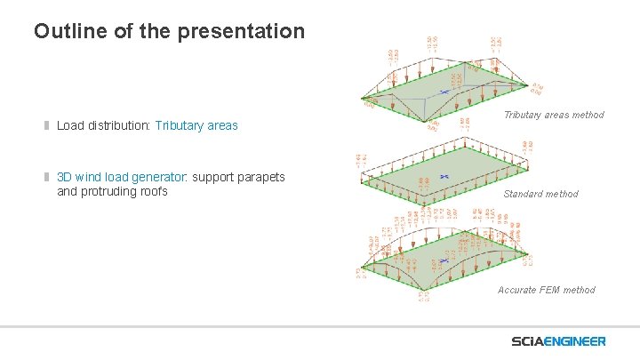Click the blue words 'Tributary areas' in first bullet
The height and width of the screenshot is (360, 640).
196,125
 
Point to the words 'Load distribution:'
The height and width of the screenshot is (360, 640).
104,125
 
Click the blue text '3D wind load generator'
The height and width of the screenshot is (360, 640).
123,177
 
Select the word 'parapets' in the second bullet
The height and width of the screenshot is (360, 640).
261,177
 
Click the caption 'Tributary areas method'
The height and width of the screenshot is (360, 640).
553,115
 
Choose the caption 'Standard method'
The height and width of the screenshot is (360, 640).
540,194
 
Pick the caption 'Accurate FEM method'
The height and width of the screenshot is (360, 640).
546,290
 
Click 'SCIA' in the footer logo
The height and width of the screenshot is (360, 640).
530,341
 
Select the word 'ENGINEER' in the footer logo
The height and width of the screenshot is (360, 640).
577,341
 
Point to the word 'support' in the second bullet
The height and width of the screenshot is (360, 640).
213,177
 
